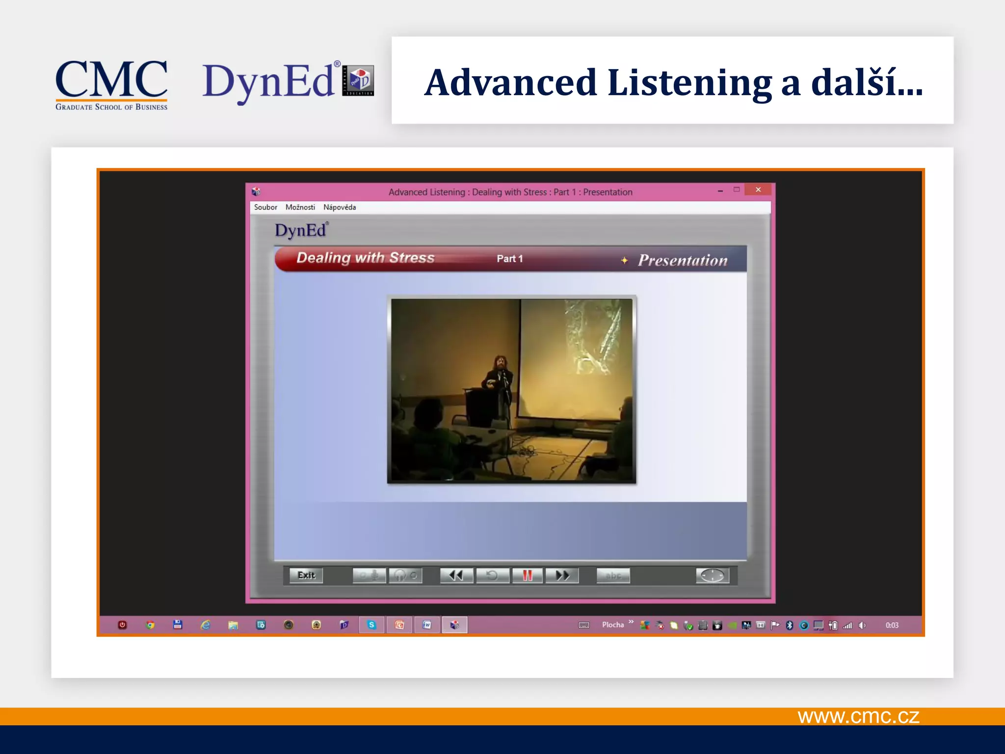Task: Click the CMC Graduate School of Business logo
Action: tap(111, 84)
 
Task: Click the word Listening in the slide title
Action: tap(689, 82)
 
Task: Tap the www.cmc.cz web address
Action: tap(858, 716)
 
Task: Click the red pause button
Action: tap(528, 575)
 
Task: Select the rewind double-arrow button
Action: tap(456, 575)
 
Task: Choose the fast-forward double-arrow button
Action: tap(562, 575)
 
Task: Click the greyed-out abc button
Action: tap(613, 575)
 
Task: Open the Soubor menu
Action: tap(265, 207)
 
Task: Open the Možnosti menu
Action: tap(300, 207)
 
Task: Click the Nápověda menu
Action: tap(340, 207)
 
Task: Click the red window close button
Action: tap(758, 189)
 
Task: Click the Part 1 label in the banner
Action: tap(510, 259)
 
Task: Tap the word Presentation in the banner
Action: tap(683, 260)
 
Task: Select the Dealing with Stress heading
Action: tap(366, 258)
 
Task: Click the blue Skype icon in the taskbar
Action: tap(371, 625)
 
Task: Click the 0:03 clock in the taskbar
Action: tap(892, 625)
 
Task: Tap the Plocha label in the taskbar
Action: tap(613, 624)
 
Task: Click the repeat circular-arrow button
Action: tap(492, 575)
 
